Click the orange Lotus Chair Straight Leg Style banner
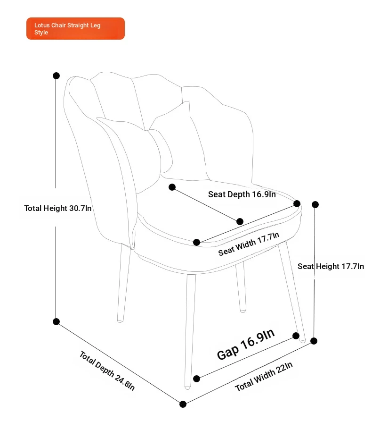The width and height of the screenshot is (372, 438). (75, 28)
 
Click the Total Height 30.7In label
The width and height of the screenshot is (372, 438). (57, 209)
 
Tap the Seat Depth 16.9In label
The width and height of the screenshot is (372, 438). (242, 194)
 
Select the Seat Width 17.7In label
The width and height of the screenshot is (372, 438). (249, 244)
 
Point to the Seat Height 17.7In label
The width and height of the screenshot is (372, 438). (331, 266)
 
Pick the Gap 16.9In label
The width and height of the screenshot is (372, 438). (246, 344)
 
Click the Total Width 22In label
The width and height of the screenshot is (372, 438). (264, 377)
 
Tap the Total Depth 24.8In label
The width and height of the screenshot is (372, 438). (107, 371)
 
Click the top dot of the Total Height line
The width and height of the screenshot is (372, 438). (57, 76)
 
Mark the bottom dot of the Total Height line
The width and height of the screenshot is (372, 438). (57, 321)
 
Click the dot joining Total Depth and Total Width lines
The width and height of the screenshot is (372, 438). (183, 404)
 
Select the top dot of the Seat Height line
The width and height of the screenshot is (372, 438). (315, 205)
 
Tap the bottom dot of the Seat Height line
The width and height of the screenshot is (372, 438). (314, 341)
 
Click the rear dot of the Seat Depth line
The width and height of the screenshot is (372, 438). (172, 187)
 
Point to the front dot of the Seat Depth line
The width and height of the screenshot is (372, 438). (240, 221)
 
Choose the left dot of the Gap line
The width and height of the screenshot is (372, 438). (196, 379)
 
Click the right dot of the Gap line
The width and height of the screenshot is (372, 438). (296, 336)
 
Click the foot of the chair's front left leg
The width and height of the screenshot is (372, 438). (187, 387)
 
